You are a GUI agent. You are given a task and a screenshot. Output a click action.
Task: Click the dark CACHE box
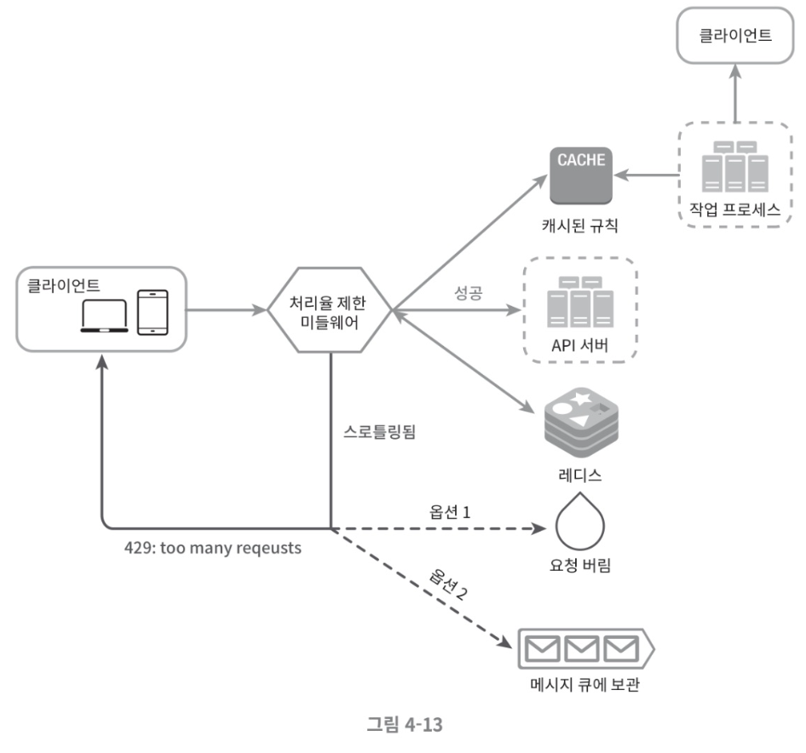point(581,175)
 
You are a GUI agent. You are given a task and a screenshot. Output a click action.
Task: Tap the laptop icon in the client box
point(104,315)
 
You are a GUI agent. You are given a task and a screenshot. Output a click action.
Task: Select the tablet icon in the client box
point(153,313)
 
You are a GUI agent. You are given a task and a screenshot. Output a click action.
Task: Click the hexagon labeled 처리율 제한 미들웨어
point(330,310)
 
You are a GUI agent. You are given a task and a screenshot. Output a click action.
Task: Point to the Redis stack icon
point(581,422)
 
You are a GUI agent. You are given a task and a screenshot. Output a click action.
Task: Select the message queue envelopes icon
point(586,649)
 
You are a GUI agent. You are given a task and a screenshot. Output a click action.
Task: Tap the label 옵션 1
point(450,512)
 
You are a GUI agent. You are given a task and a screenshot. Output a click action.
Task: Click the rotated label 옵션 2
point(448,584)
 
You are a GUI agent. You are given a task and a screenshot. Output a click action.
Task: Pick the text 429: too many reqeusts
point(213,548)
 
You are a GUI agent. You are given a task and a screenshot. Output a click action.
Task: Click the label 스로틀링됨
point(379,431)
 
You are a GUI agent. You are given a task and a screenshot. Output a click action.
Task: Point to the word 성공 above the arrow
point(469,293)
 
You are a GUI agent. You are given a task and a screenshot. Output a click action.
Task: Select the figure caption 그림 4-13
point(405,724)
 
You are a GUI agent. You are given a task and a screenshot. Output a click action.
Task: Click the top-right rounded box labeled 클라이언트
point(735,35)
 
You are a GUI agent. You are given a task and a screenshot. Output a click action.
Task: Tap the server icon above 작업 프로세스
point(735,166)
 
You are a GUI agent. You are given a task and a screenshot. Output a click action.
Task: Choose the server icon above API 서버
point(580,302)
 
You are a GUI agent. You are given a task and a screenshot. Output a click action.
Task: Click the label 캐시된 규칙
point(580,225)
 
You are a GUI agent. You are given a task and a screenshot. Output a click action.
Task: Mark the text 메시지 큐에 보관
point(585,684)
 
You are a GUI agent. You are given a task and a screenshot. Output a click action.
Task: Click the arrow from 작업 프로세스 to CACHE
point(647,175)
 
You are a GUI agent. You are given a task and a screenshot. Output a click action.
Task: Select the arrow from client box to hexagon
point(227,310)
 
